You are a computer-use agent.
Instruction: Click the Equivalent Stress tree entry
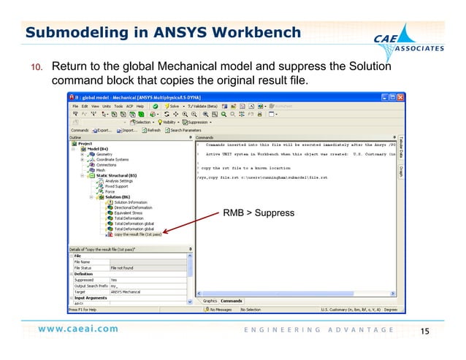pos(132,212)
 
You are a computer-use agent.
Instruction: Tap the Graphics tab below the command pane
pos(210,300)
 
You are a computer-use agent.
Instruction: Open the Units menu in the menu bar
pos(107,106)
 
